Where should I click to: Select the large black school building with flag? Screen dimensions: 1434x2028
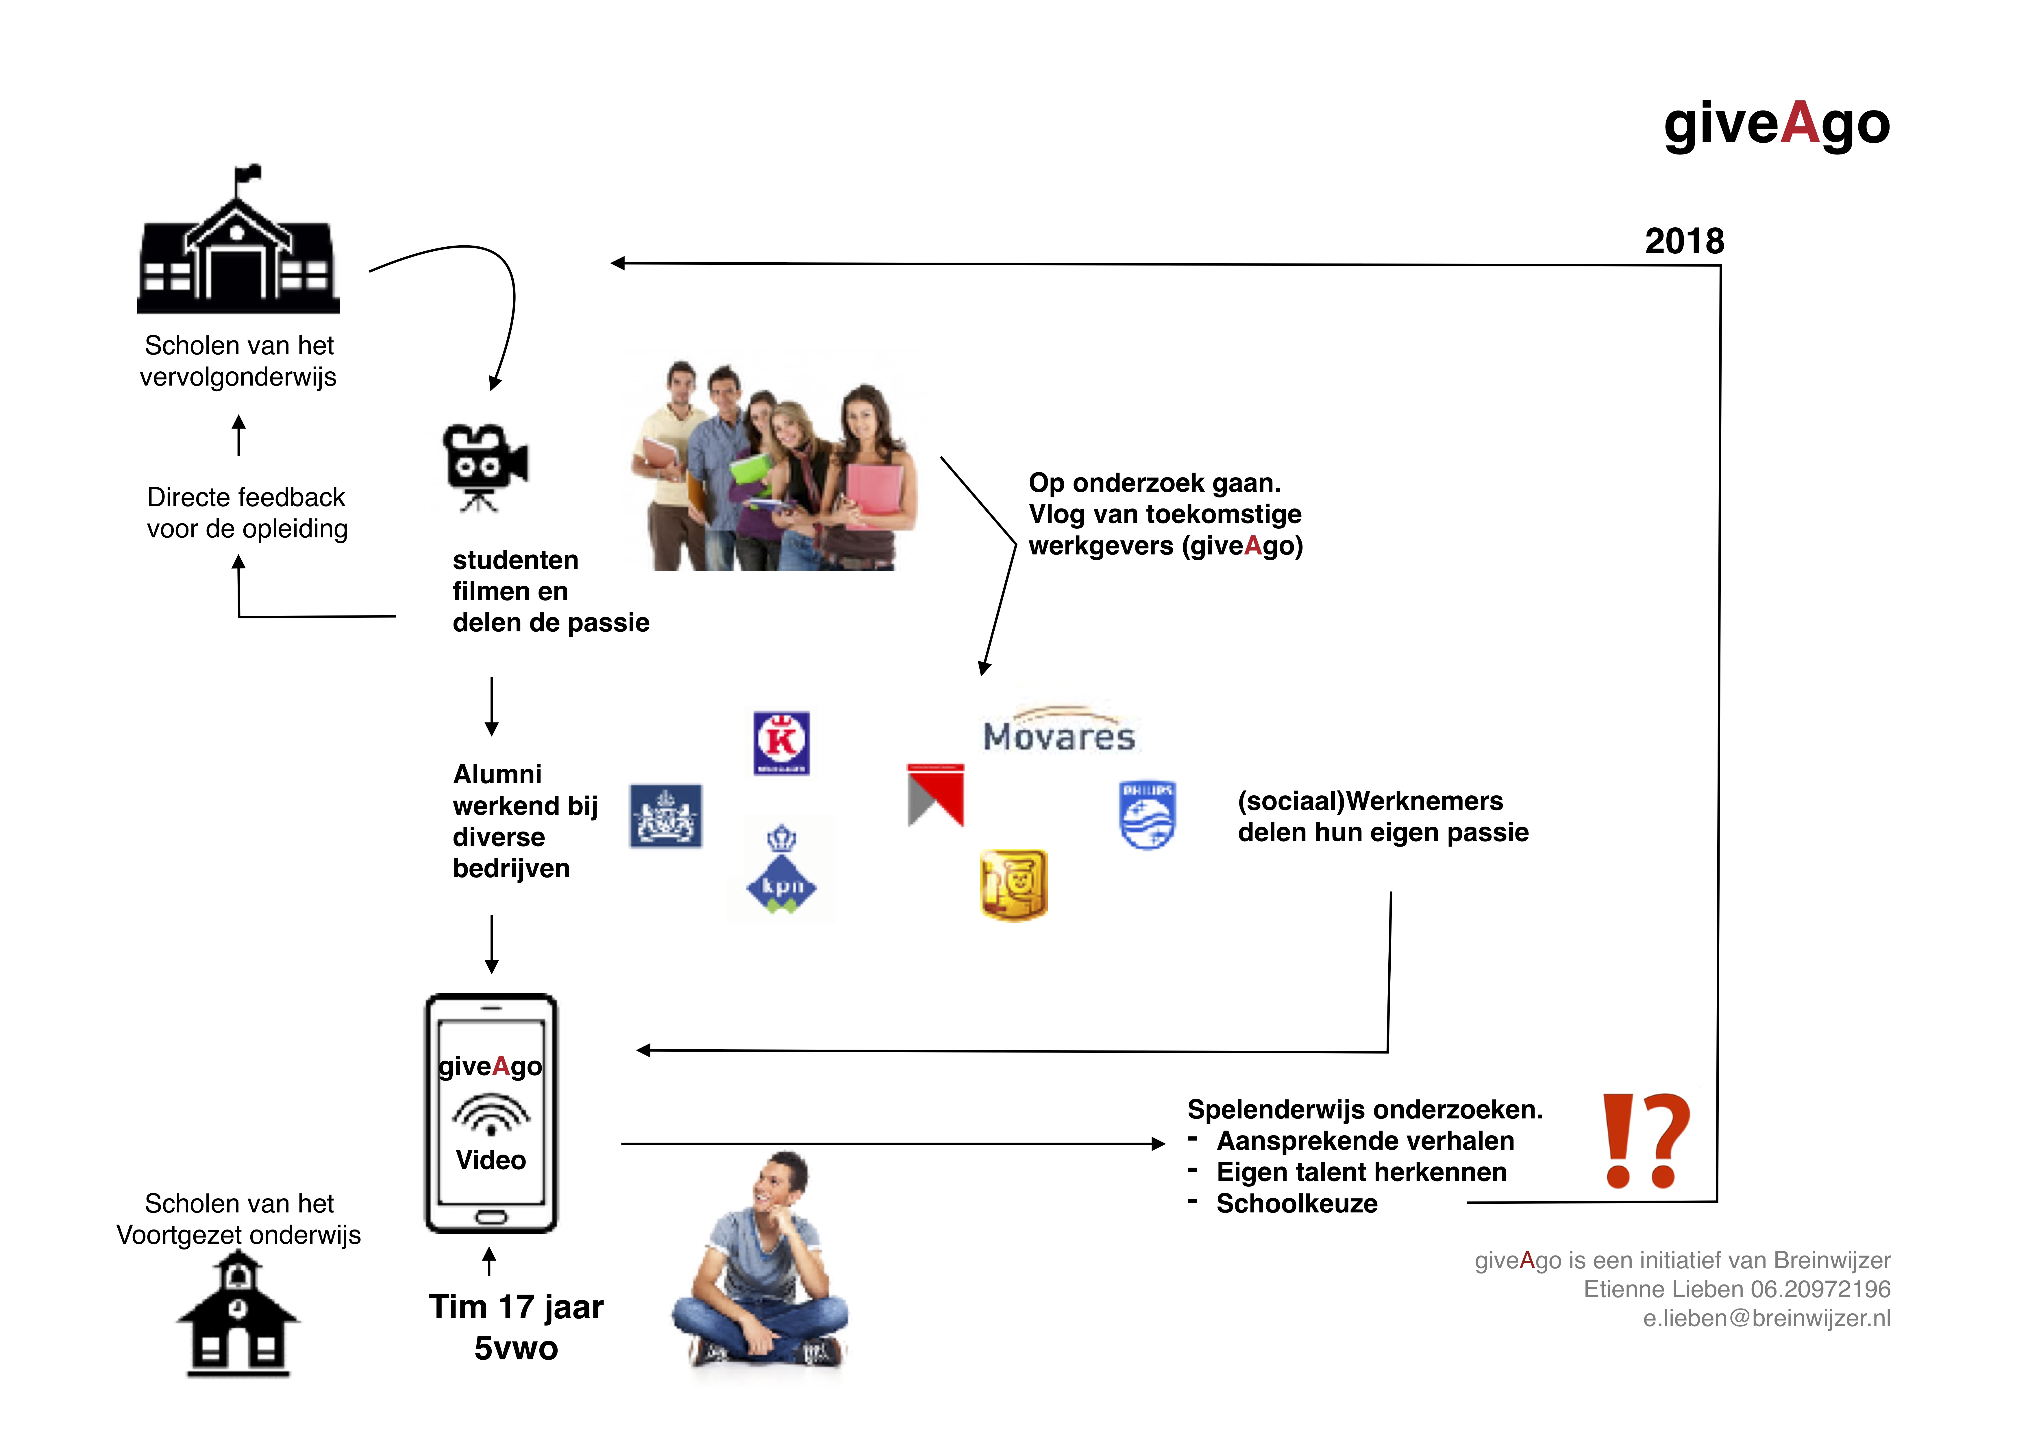238,243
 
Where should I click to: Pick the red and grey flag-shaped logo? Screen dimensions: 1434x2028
935,795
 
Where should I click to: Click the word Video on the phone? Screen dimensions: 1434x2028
491,1160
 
